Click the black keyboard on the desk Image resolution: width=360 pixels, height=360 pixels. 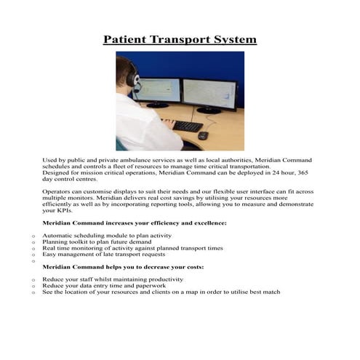pos(187,126)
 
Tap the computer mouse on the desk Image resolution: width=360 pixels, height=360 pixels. pos(202,135)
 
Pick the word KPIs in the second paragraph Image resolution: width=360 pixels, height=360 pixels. pos(53,211)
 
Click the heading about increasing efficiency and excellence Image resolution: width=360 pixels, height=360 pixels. pos(135,223)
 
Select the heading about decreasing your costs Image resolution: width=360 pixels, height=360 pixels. pos(123,267)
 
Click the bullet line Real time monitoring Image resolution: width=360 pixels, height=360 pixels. pos(132,249)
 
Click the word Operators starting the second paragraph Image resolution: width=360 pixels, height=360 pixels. pos(59,191)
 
